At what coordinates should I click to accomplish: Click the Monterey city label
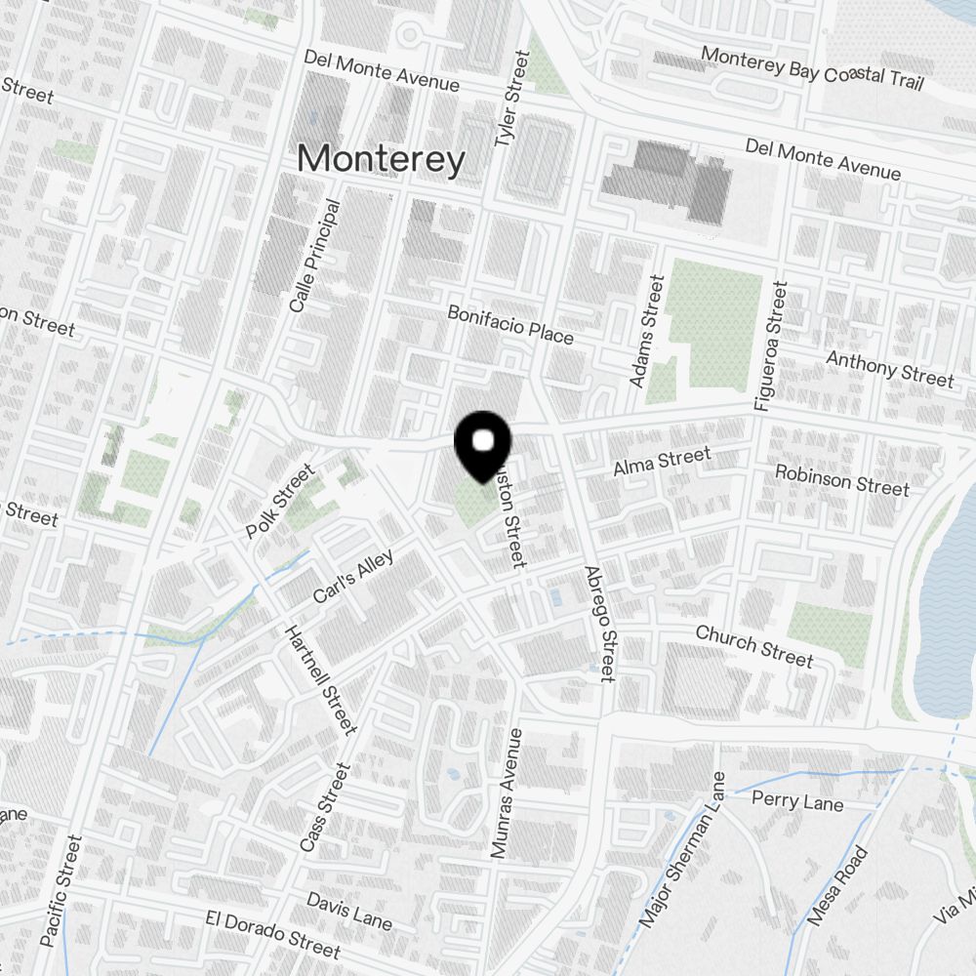pyautogui.click(x=381, y=159)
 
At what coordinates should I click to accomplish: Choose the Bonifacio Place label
pyautogui.click(x=510, y=324)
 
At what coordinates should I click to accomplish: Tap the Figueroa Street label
pyautogui.click(x=770, y=346)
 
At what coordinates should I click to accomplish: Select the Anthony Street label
pyautogui.click(x=889, y=368)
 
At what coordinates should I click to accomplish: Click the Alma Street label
pyautogui.click(x=662, y=461)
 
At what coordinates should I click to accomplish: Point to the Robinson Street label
pyautogui.click(x=841, y=479)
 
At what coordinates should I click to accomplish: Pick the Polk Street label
pyautogui.click(x=281, y=502)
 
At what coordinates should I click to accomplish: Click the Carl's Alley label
pyautogui.click(x=353, y=577)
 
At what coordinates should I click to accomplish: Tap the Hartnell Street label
pyautogui.click(x=320, y=678)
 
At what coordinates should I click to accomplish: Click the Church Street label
pyautogui.click(x=753, y=646)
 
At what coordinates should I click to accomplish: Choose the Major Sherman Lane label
pyautogui.click(x=684, y=849)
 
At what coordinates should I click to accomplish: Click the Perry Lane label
pyautogui.click(x=797, y=802)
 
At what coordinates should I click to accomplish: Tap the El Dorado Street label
pyautogui.click(x=273, y=933)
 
